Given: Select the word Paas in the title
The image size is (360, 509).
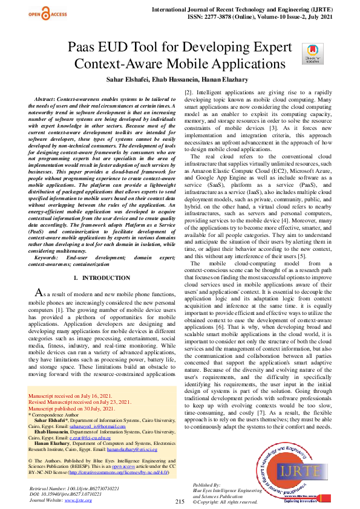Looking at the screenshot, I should [83, 48].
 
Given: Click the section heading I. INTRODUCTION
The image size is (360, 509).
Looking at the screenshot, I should [101, 277].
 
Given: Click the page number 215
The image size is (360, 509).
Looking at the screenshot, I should [180, 502].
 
